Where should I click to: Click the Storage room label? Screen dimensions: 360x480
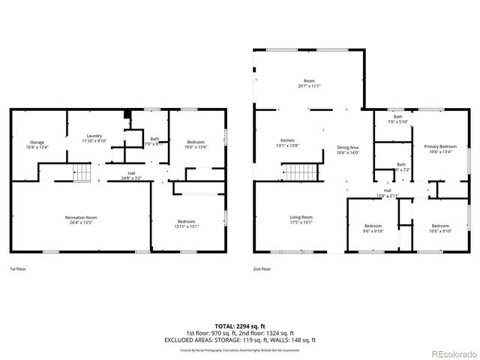(x=38, y=142)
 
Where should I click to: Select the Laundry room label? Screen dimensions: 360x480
(x=94, y=136)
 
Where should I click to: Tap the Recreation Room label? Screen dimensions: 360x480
(x=80, y=217)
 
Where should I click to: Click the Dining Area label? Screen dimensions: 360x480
(x=348, y=148)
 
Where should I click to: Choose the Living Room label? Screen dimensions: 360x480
(x=301, y=217)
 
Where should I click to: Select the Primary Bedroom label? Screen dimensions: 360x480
(x=439, y=146)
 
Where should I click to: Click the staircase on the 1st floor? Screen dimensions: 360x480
(x=81, y=173)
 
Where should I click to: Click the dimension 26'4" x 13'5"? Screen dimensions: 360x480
(x=80, y=223)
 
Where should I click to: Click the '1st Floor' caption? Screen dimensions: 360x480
(x=19, y=268)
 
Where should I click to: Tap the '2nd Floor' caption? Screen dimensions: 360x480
(x=262, y=268)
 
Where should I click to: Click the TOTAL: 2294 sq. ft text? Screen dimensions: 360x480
(x=239, y=326)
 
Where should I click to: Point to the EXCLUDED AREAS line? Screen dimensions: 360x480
(x=239, y=339)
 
